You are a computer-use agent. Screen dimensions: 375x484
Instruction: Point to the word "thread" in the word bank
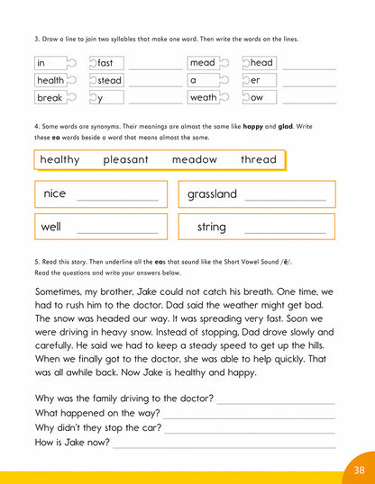[259, 159]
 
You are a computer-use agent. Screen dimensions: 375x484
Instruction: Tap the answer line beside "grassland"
[286, 199]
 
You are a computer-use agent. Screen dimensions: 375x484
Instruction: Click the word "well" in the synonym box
[51, 227]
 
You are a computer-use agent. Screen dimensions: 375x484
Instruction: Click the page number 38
[358, 468]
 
